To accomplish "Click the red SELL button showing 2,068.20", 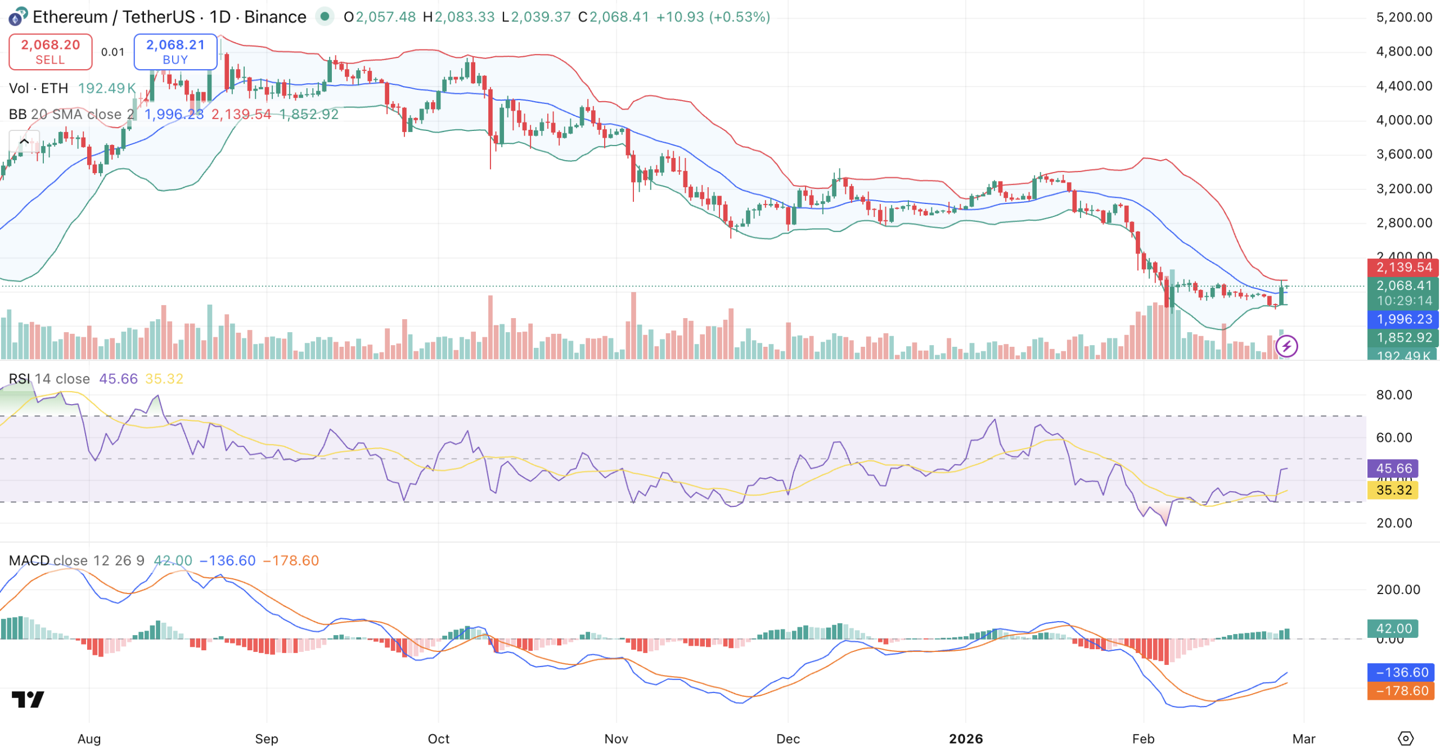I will (50, 52).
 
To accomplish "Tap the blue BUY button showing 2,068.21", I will (175, 52).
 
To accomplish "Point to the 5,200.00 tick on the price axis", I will (1403, 17).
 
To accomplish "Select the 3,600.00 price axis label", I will (1403, 155).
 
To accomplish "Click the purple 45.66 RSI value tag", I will (1393, 469).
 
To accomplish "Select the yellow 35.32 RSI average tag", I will (1393, 490).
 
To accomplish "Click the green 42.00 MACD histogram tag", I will (1393, 628).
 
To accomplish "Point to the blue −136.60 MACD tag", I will (1401, 672).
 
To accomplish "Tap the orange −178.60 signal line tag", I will (1401, 691).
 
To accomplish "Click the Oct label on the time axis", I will (438, 739).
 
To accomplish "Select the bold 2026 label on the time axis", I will (966, 739).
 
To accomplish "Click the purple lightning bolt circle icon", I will (1286, 346).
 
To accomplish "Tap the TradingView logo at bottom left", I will (28, 699).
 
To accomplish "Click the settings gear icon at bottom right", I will (1405, 739).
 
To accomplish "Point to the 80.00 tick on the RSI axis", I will (1394, 395).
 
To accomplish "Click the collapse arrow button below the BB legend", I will (24, 142).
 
